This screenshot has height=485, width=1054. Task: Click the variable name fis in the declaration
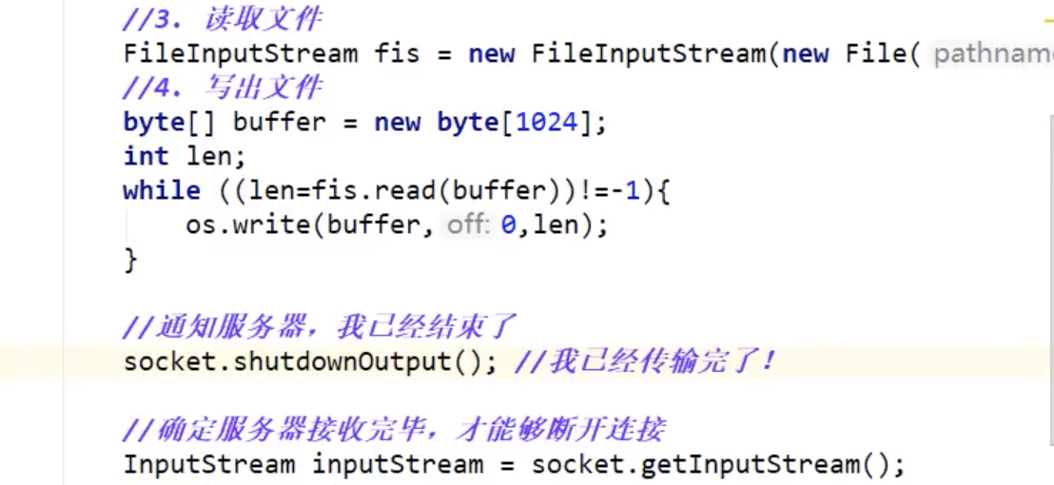tap(397, 53)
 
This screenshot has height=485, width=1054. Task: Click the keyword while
tap(162, 190)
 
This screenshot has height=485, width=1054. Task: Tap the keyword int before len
tap(146, 156)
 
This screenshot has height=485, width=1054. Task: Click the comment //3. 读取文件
tap(223, 18)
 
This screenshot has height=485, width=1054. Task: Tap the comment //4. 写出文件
tap(223, 87)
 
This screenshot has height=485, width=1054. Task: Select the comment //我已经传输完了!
tap(645, 361)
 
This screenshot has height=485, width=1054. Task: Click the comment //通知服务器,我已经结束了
tap(320, 327)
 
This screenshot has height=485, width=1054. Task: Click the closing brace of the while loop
tap(130, 259)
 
